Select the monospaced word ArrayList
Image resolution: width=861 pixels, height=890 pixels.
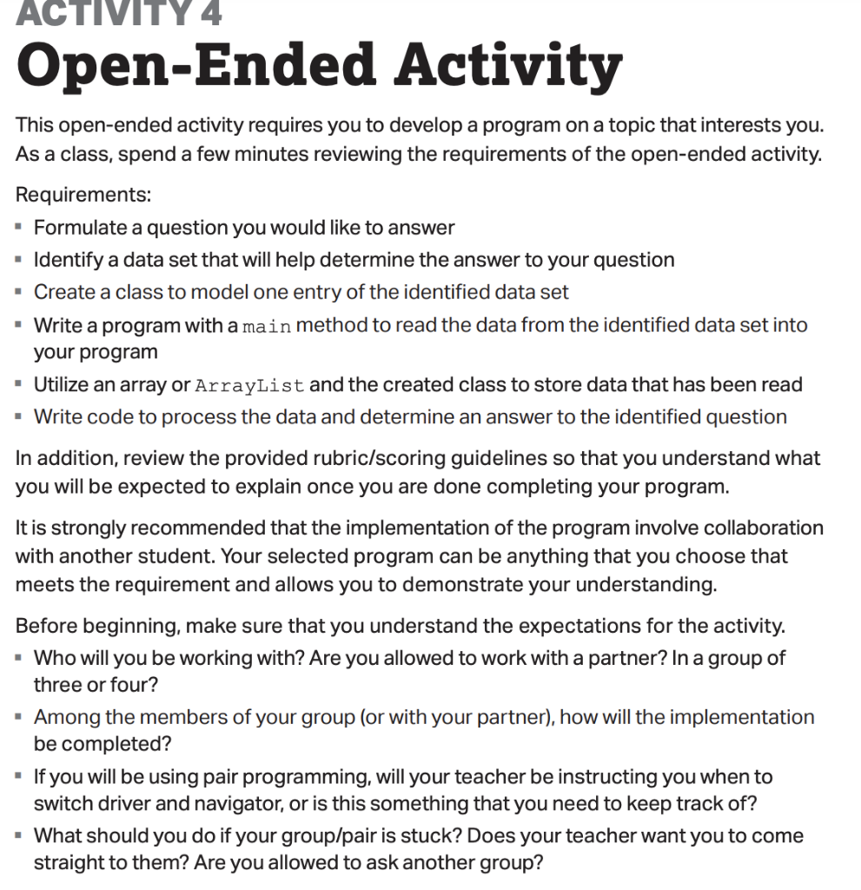pyautogui.click(x=249, y=385)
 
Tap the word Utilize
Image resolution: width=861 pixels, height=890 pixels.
pyautogui.click(x=63, y=385)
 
